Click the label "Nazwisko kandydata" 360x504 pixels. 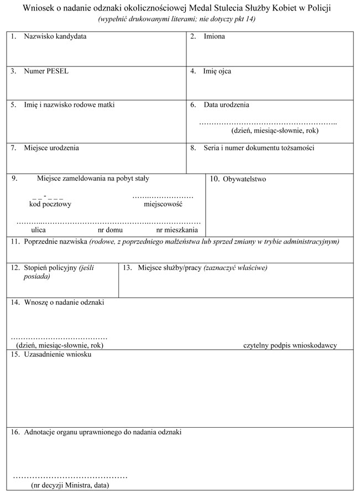point(55,37)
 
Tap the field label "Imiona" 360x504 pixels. point(214,37)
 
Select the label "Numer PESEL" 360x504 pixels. point(46,71)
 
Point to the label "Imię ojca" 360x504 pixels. point(217,71)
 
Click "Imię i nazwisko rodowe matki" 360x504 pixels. point(69,105)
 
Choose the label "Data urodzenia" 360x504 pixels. point(226,105)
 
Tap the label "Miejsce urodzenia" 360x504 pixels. point(51,148)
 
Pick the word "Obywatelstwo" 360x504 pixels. point(244,179)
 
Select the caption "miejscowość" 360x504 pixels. point(163,204)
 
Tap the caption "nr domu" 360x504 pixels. point(110,229)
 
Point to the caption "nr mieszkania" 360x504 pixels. point(177,229)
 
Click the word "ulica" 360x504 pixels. point(38,229)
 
